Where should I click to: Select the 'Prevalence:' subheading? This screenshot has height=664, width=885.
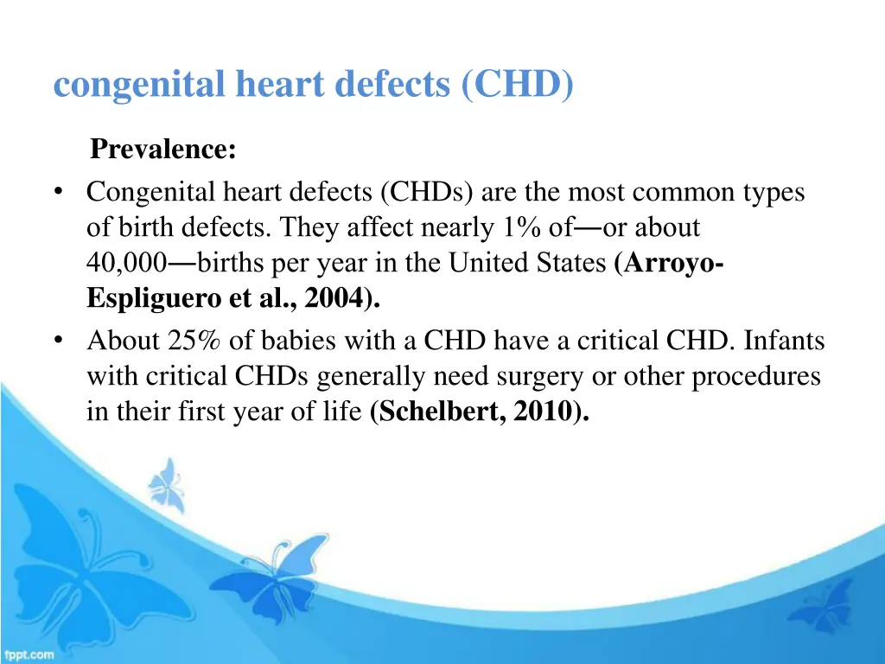(163, 150)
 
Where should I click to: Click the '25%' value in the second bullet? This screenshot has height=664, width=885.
(196, 342)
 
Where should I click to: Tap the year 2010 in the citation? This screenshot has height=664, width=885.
(541, 412)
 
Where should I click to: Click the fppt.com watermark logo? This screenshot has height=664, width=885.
(29, 654)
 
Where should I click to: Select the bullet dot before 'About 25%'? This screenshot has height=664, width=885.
(58, 342)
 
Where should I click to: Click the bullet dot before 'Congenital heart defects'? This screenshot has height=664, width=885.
(58, 192)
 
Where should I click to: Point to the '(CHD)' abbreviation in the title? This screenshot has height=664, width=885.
(517, 85)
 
